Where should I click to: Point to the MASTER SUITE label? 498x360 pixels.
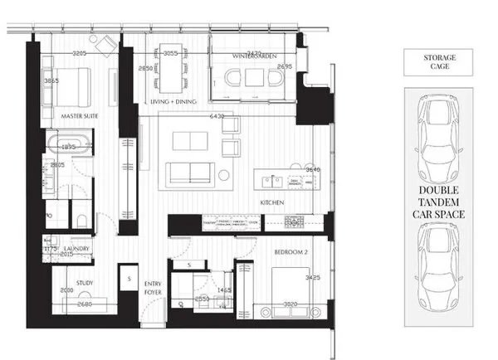click(x=80, y=116)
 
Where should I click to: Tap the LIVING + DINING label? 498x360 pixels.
click(x=173, y=101)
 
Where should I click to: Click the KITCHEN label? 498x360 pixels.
click(x=273, y=202)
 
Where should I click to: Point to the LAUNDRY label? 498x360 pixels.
click(x=80, y=247)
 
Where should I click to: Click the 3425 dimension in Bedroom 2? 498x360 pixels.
click(x=313, y=278)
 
